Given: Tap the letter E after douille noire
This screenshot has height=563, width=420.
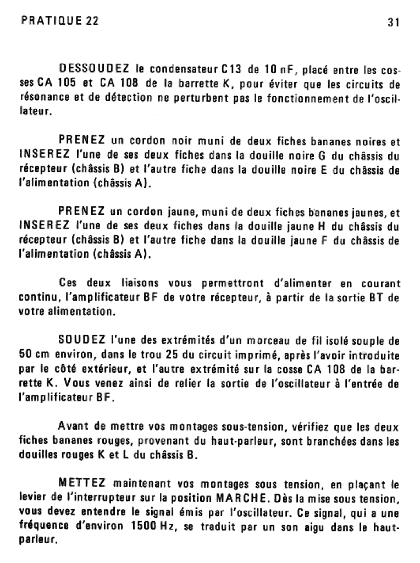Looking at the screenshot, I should pyautogui.click(x=324, y=170).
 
